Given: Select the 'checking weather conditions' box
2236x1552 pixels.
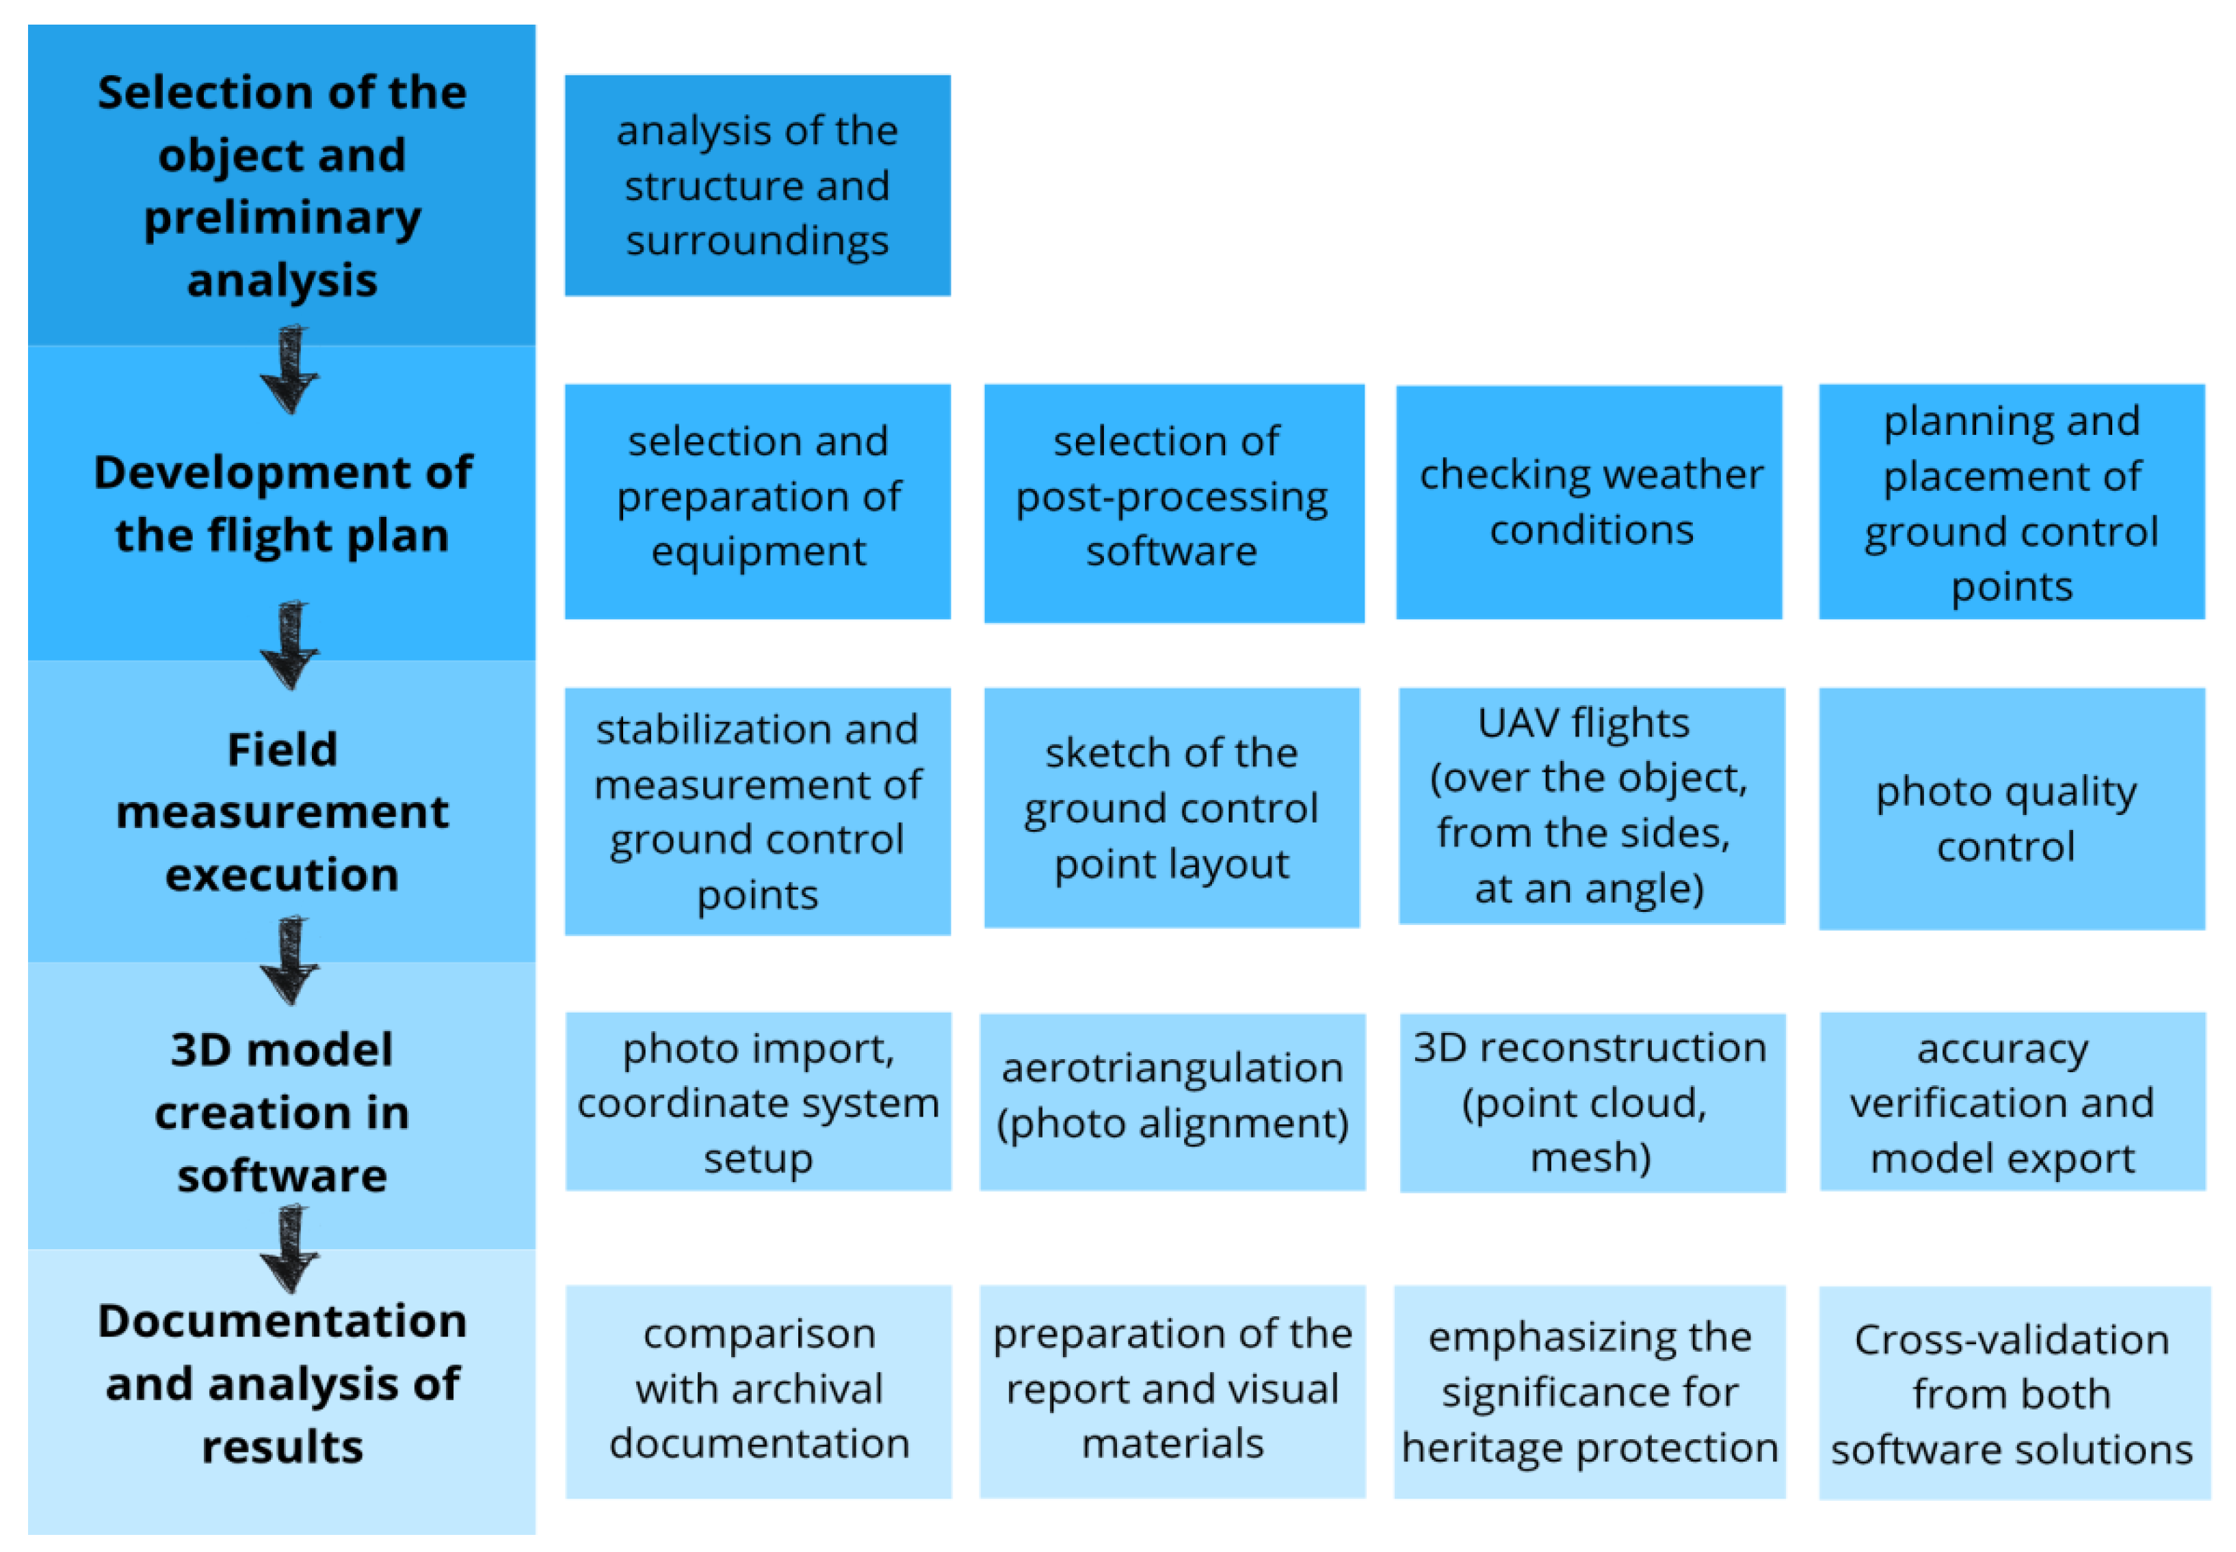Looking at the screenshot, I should coord(1588,502).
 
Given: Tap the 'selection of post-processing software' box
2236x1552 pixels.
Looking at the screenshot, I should coord(1173,502).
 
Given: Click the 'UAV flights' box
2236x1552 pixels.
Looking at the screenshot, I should coord(1591,805).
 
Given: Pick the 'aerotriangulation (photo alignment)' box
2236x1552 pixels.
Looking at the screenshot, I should coord(1172,1101).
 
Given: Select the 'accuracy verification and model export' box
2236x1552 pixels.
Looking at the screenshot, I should coord(2012,1101).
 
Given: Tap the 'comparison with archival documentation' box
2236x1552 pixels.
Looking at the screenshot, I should coord(758,1391).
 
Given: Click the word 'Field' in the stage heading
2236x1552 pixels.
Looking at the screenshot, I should coord(282,750).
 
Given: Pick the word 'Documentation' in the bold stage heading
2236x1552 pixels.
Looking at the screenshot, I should coord(282,1320).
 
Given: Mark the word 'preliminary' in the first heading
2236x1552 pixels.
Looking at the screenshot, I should coord(282,218).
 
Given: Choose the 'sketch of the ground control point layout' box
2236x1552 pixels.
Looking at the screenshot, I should coord(1171,807).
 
